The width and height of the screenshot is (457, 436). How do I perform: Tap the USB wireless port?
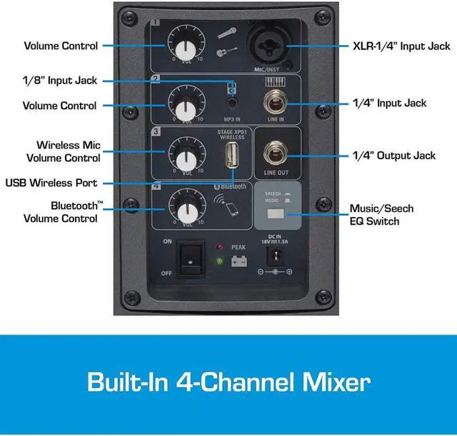231,156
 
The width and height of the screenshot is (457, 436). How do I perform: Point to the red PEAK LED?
219,248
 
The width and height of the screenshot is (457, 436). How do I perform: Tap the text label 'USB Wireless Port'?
51,183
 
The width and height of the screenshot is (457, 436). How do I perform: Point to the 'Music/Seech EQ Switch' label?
381,215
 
